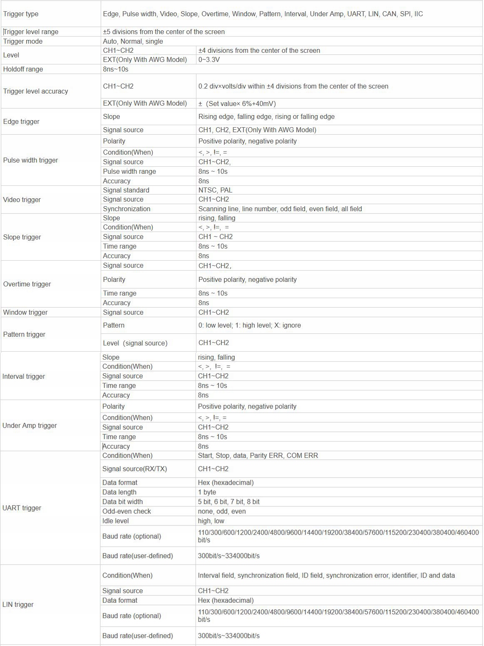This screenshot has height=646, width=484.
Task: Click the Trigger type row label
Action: coord(21,14)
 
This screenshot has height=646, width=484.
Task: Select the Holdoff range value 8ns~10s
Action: coord(116,69)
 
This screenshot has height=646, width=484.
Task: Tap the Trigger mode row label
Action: coord(23,41)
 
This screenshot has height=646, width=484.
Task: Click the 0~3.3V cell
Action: coord(209,59)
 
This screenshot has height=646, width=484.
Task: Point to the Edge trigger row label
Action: coord(21,121)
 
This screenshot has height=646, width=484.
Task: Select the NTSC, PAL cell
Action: coord(215,190)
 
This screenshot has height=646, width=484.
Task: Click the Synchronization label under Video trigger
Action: coord(127,209)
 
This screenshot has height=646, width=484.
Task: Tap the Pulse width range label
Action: coord(129,171)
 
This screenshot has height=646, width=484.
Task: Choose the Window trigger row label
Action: coord(25,312)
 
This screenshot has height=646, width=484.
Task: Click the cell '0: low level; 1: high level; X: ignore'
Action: coord(250,325)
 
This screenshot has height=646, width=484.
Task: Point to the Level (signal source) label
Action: coord(135,343)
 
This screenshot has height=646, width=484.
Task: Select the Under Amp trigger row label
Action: coord(30,425)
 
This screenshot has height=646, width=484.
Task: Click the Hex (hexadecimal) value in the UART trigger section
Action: coord(226,482)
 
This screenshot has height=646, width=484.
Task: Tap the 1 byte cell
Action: coord(207,492)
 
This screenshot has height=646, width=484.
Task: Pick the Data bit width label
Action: coord(122,501)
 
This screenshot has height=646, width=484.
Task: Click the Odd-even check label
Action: coord(127,511)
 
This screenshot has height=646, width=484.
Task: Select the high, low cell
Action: coord(211,520)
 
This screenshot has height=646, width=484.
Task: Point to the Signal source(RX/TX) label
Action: coord(134,468)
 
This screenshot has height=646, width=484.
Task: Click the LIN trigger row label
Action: coord(18,604)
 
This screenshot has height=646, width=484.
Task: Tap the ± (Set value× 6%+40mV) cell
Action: coord(237,104)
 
